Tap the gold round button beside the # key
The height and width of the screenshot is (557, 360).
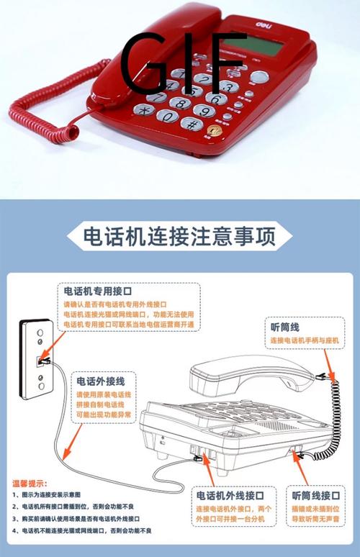tap(215, 130)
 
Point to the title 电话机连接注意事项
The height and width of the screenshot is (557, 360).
tap(179, 237)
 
